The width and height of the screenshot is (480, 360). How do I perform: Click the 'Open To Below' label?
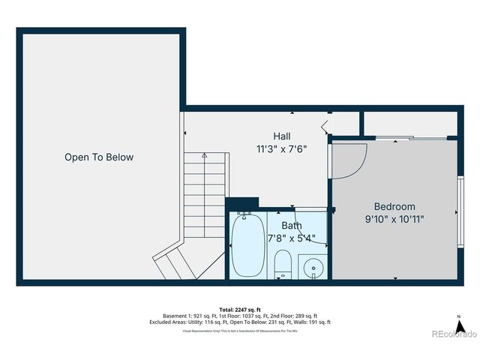coord(98,157)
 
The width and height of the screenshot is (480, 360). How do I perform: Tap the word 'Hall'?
coord(282,136)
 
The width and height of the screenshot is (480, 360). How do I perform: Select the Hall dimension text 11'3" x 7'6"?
coord(282,149)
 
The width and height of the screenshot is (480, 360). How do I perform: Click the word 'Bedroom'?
coord(394,206)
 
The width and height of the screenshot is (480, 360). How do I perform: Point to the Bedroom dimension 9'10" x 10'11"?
coord(394,220)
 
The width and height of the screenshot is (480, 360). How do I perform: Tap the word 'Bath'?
coord(292,225)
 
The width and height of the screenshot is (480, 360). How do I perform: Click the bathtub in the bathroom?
coord(247,245)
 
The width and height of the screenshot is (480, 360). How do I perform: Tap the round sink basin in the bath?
coord(313,266)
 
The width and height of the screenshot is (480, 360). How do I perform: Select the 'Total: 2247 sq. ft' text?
coord(241,309)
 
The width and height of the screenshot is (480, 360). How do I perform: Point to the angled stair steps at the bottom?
coord(180,262)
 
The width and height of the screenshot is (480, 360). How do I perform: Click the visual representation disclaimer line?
coord(241,330)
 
